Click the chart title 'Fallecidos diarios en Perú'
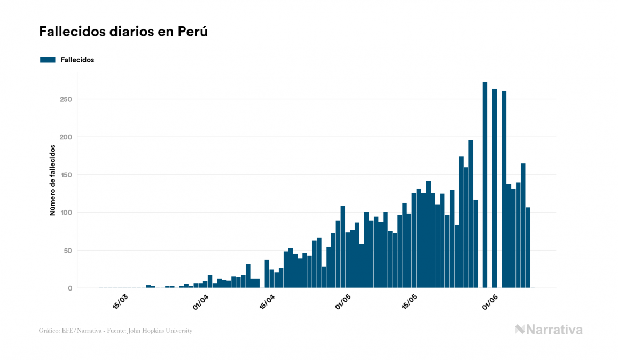123,32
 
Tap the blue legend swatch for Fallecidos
48,60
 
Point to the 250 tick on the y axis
66,99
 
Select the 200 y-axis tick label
66,137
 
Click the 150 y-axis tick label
66,175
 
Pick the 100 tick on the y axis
66,213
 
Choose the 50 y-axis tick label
68,251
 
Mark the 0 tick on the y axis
69,288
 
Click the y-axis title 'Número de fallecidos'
52,180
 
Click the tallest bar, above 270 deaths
485,185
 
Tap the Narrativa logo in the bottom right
549,330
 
